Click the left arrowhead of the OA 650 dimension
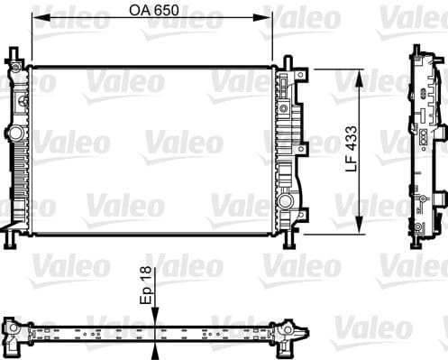click(37, 27)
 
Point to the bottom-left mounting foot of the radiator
click(11, 240)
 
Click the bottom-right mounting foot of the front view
click(288, 242)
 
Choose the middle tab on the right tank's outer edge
click(298, 144)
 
